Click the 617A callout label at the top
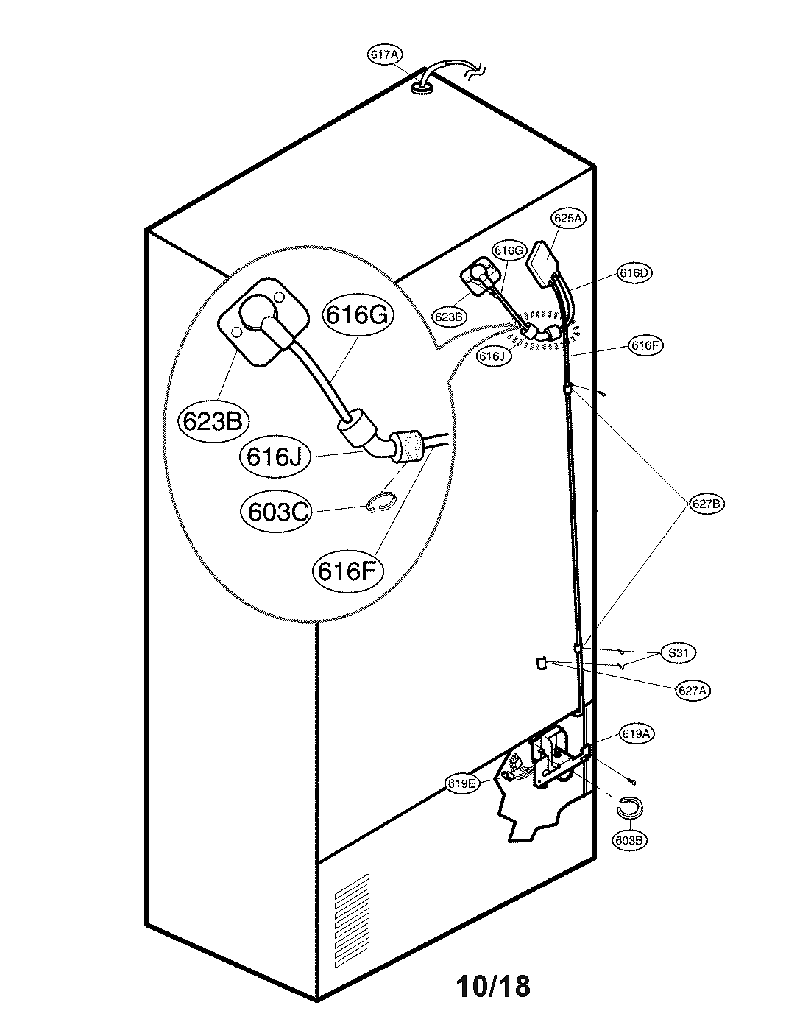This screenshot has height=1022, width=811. [x=385, y=54]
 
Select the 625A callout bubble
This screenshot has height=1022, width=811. [x=567, y=219]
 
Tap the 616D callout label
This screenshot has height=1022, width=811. [x=634, y=273]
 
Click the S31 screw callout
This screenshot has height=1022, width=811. [x=678, y=653]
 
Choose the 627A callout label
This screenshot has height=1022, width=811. [x=693, y=690]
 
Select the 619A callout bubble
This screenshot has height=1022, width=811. [x=637, y=734]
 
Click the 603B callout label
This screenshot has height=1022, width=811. [x=628, y=839]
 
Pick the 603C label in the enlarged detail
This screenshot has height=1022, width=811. [x=277, y=511]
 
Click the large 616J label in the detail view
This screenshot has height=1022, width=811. [x=274, y=457]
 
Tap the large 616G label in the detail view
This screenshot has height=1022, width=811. [x=356, y=314]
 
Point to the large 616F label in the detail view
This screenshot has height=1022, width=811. [x=348, y=569]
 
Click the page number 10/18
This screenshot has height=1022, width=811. [x=492, y=985]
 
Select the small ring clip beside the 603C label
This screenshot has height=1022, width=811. [x=381, y=502]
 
